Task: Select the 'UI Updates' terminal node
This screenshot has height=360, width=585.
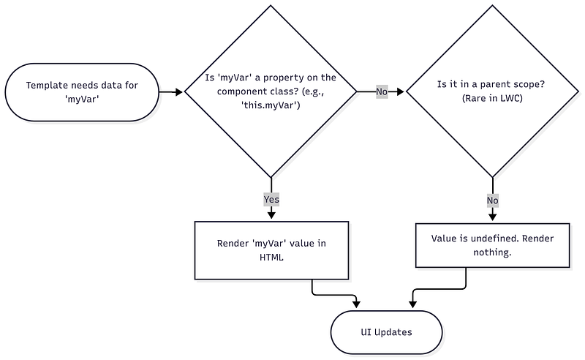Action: tap(386, 332)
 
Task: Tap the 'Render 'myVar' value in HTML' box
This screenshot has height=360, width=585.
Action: tap(271, 250)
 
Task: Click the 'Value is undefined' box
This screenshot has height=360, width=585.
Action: tap(492, 245)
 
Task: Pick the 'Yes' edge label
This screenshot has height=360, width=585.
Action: tap(271, 199)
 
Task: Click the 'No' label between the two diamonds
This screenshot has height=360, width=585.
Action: tap(382, 92)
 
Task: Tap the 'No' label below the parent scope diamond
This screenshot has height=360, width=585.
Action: tap(492, 199)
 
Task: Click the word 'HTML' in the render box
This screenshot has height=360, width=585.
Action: tap(271, 257)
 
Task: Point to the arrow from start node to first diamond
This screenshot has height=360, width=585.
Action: tap(170, 92)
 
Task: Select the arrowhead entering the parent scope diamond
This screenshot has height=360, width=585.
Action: tap(401, 92)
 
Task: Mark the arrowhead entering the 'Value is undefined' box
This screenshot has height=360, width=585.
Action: tap(492, 217)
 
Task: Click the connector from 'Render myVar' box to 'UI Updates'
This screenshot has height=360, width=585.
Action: tap(329, 295)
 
